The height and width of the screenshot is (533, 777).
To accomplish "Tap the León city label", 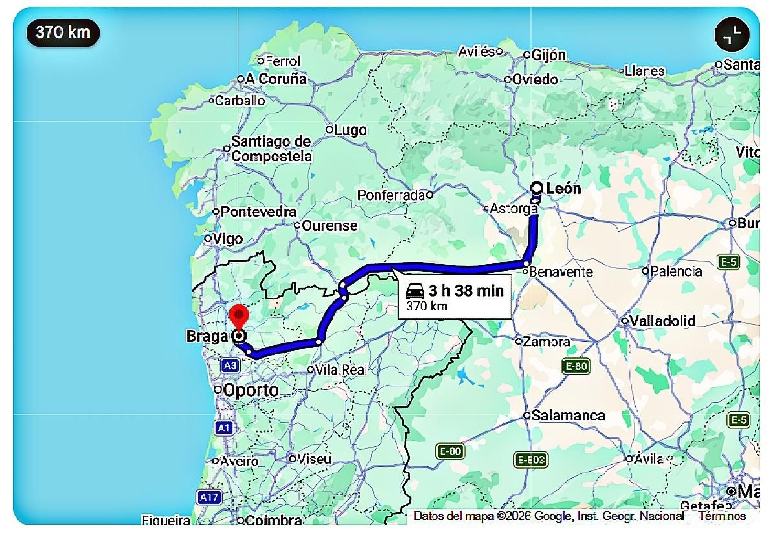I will point(563,189).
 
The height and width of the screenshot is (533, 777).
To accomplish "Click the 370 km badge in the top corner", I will point(63,32).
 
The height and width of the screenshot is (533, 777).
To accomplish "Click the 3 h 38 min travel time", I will point(465,290).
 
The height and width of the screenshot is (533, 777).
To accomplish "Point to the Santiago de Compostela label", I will point(271,149).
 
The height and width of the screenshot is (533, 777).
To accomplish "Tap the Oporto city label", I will point(251,390).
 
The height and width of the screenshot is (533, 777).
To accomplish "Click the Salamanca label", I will point(568,416).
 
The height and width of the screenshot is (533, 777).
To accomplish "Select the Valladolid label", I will point(662,321).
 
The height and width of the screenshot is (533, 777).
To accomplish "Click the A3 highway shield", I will point(230,366).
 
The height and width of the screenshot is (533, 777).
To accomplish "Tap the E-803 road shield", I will point(531,460).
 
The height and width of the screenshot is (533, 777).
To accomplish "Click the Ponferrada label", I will point(391,195).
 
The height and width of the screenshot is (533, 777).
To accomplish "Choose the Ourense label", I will point(330,226).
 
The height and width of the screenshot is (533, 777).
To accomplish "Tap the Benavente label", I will point(561,272).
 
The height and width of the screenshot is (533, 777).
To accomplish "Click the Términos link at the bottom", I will point(722,516).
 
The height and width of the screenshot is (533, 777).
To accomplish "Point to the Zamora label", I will point(546,342).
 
